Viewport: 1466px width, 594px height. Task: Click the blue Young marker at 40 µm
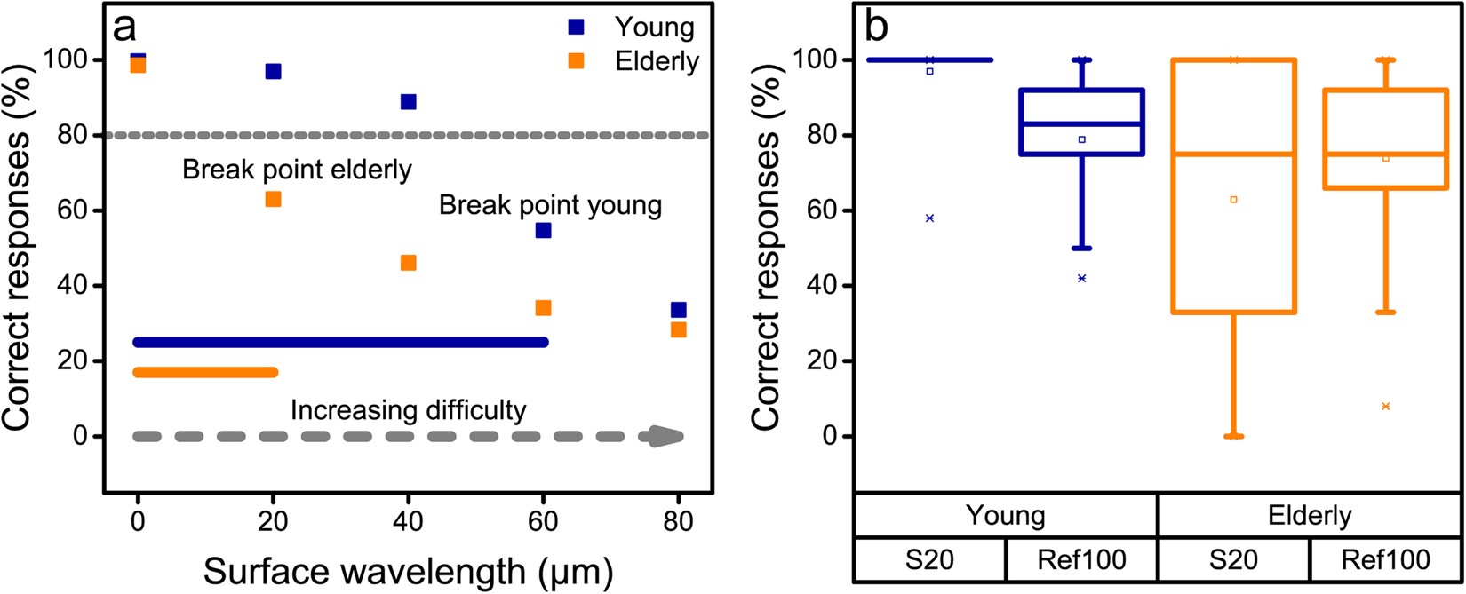408,101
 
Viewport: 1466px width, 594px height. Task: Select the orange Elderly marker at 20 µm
273,199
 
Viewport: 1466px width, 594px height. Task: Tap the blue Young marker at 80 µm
679,310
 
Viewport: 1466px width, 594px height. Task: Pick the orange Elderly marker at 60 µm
543,308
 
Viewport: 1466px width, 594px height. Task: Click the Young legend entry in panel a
654,28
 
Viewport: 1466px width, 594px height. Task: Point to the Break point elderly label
297,170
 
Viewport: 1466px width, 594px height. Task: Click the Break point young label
550,206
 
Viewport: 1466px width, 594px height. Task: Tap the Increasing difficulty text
408,410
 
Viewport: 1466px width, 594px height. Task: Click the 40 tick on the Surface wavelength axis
408,521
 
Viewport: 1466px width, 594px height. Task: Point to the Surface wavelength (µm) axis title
408,572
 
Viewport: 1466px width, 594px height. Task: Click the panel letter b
875,28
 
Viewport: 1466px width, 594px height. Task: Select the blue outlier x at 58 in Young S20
929,218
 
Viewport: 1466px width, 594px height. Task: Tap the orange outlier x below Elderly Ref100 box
1385,406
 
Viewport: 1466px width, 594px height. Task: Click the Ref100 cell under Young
1081,559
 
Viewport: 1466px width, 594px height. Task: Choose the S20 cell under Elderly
1233,559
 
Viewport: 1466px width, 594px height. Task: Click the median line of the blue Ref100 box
1081,123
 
